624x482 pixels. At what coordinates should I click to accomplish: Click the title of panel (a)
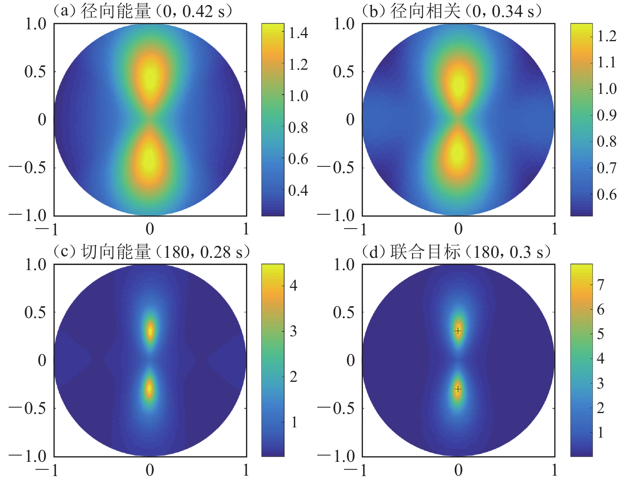143,11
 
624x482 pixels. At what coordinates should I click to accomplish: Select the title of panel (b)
452,11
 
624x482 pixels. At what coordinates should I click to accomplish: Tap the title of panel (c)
151,252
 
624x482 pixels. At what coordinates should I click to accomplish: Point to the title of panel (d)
456,252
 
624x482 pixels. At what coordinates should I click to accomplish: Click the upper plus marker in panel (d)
458,331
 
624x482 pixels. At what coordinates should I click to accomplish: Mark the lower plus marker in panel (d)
458,389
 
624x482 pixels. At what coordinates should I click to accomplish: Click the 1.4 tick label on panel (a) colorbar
298,33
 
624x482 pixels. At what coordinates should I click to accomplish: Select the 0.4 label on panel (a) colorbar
298,191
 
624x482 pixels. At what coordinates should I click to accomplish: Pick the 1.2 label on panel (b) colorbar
607,36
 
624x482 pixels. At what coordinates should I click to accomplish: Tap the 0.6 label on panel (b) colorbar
607,194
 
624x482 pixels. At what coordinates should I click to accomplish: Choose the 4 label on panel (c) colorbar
294,285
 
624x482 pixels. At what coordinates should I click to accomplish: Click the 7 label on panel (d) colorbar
601,284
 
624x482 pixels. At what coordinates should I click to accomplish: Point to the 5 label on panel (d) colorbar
601,334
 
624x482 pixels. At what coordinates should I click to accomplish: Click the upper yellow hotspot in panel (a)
150,77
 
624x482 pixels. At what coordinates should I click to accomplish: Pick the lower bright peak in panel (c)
149,389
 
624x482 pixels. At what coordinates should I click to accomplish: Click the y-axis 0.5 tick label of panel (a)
35,72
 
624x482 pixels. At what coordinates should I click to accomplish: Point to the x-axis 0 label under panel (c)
150,470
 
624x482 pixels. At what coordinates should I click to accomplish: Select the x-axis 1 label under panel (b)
554,229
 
